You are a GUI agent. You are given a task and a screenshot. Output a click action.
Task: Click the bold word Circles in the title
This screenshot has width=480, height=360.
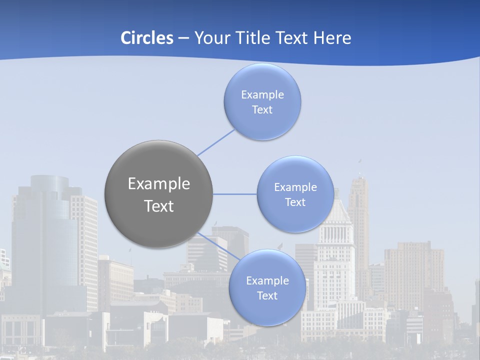(146, 37)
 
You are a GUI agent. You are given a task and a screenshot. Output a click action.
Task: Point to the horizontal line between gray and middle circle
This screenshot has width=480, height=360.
(235, 194)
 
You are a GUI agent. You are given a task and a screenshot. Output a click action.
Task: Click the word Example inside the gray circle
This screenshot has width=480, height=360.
(159, 184)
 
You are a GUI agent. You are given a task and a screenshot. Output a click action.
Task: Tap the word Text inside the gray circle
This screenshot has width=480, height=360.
(159, 206)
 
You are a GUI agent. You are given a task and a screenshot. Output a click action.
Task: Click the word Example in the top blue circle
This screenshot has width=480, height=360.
(262, 94)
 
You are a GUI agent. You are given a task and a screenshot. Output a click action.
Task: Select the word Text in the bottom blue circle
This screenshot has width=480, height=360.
(267, 295)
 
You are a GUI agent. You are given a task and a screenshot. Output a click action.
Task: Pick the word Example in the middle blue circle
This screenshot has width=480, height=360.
(295, 187)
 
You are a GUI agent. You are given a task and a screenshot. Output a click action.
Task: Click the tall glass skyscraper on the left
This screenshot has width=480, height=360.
(45, 235)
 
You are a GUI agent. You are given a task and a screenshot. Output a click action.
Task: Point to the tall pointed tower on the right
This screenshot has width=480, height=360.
(358, 210)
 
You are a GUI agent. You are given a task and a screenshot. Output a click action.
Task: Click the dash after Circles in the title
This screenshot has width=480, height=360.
(183, 38)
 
